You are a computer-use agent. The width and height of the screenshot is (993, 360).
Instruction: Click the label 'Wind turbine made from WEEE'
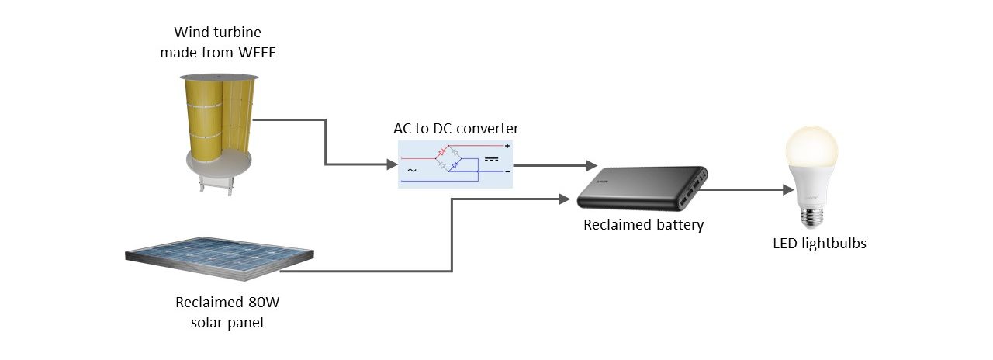pos(217,43)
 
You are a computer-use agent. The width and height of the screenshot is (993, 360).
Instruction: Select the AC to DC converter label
pos(455,128)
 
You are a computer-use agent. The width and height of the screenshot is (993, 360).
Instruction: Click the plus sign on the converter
pos(507,146)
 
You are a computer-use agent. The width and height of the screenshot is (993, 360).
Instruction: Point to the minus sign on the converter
pos(507,171)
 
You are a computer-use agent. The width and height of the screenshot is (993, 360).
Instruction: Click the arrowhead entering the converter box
pos(392,164)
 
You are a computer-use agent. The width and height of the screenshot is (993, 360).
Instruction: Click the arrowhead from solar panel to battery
pos(564,199)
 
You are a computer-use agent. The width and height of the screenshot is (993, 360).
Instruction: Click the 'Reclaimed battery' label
pos(643,225)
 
